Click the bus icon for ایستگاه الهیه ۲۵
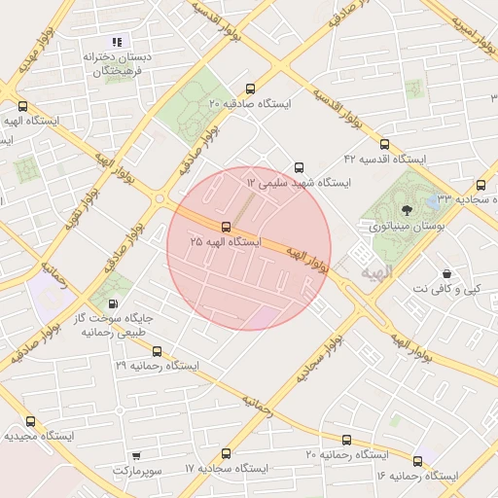click(227, 227)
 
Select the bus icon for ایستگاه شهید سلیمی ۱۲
click(298, 167)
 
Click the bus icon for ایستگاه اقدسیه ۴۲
click(384, 144)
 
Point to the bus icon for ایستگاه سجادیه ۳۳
click(480, 185)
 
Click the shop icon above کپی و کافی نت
click(446, 275)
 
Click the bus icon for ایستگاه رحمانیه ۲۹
click(157, 352)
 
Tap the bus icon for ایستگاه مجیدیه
click(31, 422)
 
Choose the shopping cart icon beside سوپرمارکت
click(135, 456)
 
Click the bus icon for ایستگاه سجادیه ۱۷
click(227, 453)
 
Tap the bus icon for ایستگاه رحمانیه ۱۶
click(418, 461)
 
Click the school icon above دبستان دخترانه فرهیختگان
click(117, 42)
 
